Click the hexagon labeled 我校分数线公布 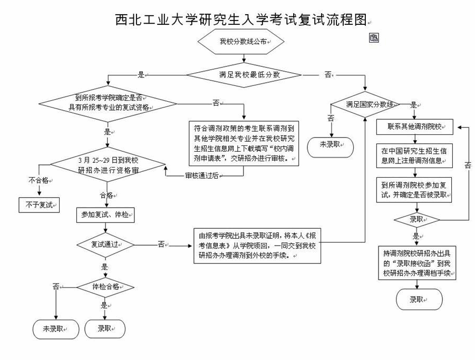tap(241, 41)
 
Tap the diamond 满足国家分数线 tap(365, 105)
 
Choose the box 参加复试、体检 tap(106, 215)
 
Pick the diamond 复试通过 tap(105, 245)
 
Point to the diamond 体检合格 tap(105, 287)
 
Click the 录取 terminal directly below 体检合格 tap(105, 329)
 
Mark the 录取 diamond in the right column tap(416, 219)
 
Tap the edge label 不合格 tap(38, 180)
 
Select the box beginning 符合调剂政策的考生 tap(244, 143)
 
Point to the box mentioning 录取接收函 tap(416, 262)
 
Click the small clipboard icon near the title tap(373, 37)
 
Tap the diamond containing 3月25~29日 tap(108, 166)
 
